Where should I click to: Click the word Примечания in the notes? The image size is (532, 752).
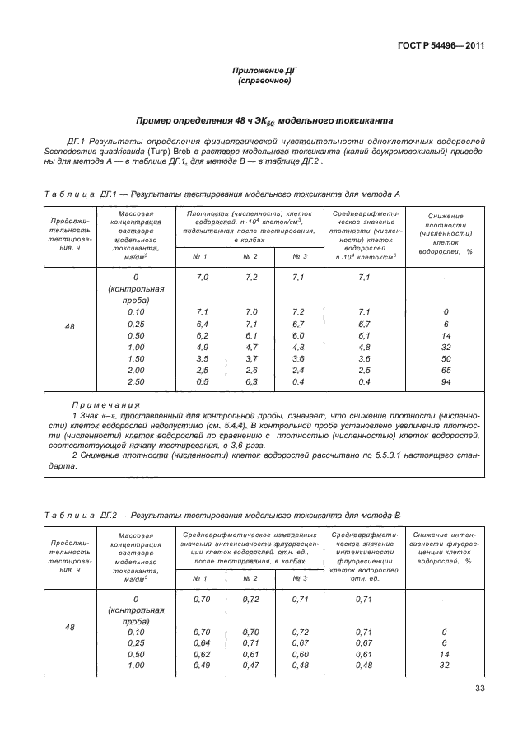point(105,406)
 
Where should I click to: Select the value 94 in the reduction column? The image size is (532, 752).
point(445,382)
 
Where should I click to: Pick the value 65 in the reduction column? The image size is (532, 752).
point(445,371)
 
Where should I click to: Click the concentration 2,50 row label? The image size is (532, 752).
point(136,382)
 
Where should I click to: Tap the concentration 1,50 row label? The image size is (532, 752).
point(136,359)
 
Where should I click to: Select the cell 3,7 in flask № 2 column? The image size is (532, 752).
point(251,359)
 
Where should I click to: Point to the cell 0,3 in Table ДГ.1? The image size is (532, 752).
point(251,382)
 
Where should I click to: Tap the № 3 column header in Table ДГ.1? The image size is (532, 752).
point(300,256)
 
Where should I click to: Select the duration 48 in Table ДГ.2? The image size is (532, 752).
point(69,628)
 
